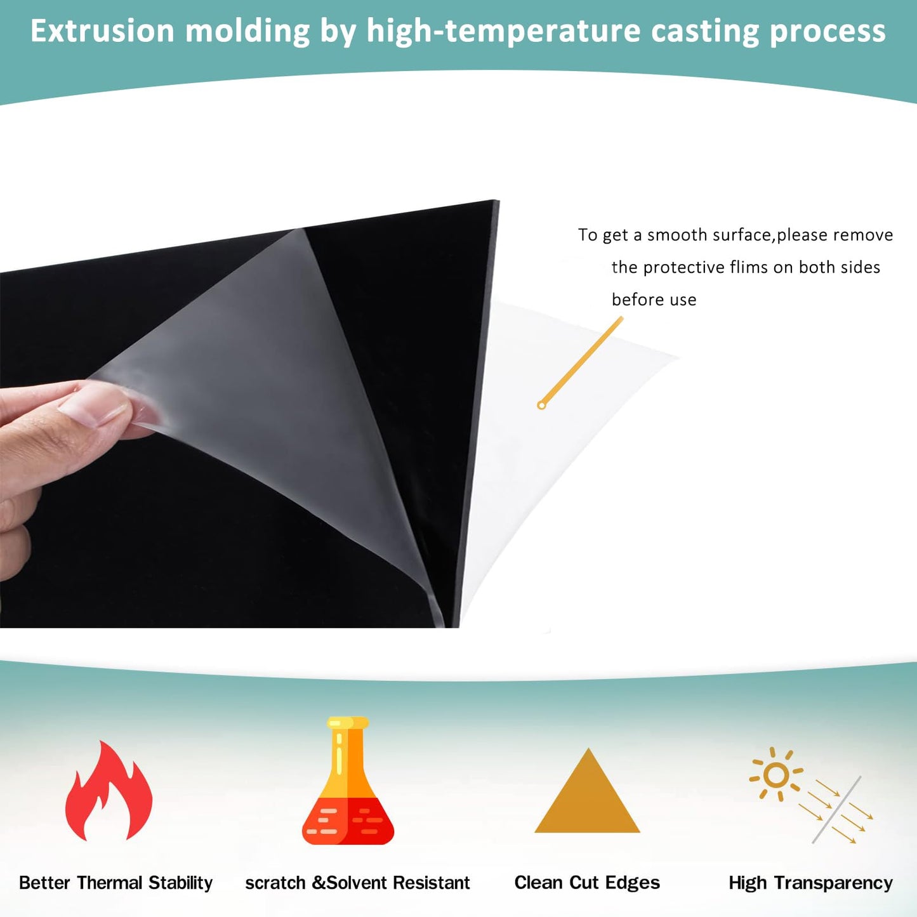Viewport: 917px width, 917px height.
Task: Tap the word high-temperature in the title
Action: click(504, 31)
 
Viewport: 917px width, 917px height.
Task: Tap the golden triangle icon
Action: click(588, 794)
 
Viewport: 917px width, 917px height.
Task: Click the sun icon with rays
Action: click(776, 774)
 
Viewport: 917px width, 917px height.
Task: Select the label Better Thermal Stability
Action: click(115, 883)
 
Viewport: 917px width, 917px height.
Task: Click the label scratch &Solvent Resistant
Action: click(357, 883)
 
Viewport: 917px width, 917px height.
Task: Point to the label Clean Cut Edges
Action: click(587, 883)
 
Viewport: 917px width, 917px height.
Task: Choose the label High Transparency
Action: click(810, 883)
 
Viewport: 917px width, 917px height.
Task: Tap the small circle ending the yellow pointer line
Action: click(541, 405)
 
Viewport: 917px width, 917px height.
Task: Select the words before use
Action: click(654, 300)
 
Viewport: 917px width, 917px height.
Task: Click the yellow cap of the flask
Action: click(348, 723)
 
